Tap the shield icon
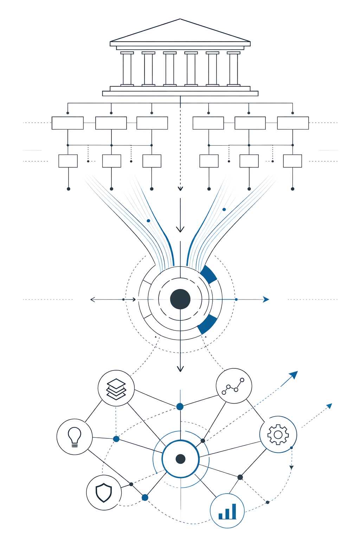[104, 492]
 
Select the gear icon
[278, 435]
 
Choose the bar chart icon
[227, 511]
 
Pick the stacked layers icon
[116, 388]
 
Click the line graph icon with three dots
[233, 386]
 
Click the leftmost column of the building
[127, 69]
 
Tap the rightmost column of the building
[233, 69]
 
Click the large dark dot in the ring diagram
[180, 299]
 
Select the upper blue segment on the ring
[208, 275]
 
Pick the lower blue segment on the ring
[207, 324]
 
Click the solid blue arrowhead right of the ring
[266, 300]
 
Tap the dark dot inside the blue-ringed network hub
[180, 459]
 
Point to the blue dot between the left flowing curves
[148, 221]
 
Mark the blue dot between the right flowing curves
[224, 210]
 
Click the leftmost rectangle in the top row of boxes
[67, 123]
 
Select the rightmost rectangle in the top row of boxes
[293, 123]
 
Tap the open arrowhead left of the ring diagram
[92, 300]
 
